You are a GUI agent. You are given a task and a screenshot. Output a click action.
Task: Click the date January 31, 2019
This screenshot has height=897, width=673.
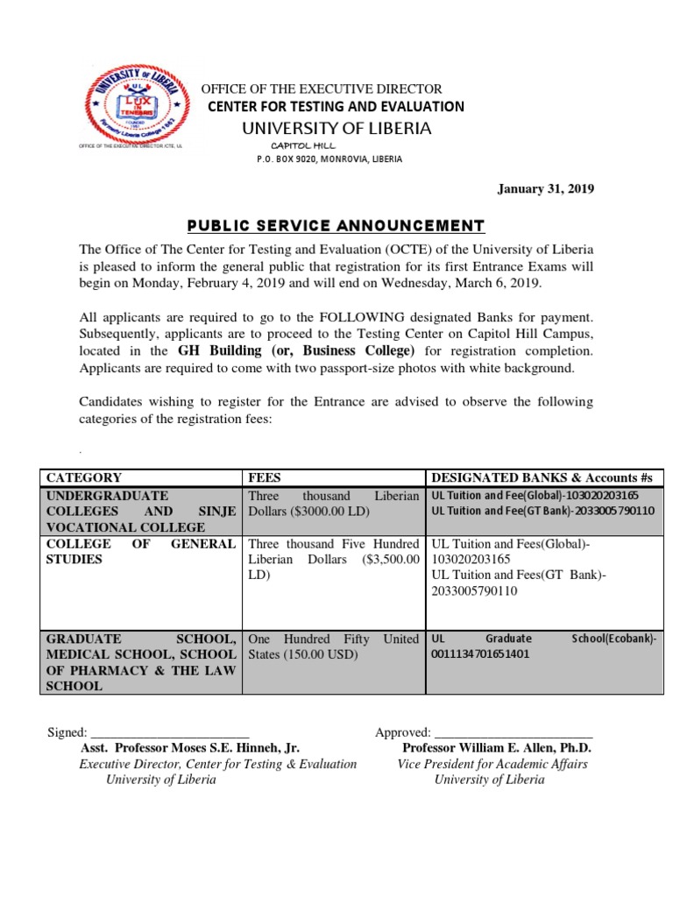546,189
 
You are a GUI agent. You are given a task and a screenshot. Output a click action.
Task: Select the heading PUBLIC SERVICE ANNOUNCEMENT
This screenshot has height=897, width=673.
336,225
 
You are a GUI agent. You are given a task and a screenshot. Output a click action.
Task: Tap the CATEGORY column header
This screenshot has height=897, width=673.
84,477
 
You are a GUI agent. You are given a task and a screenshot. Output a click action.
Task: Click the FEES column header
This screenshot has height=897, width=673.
266,477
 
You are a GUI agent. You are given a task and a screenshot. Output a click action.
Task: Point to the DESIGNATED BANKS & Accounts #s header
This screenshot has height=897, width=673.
542,477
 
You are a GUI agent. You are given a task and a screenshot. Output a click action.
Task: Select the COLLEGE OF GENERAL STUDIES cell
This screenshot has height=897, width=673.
140,552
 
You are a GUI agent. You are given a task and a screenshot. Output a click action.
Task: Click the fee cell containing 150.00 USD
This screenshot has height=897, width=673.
334,646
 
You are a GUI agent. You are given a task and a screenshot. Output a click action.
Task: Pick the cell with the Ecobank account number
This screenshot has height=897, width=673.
543,646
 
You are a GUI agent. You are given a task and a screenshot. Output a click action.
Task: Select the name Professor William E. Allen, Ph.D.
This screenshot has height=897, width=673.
497,748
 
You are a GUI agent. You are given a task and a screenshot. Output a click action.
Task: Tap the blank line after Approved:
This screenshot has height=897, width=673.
514,732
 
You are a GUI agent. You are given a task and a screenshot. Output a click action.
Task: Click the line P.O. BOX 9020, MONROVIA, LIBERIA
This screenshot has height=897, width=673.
329,159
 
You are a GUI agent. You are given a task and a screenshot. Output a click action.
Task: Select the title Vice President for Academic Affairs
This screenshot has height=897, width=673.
492,764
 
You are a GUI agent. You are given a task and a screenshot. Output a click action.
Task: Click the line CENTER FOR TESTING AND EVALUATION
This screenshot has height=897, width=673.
336,107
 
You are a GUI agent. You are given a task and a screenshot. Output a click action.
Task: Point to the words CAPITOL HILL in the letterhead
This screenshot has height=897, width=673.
297,145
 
